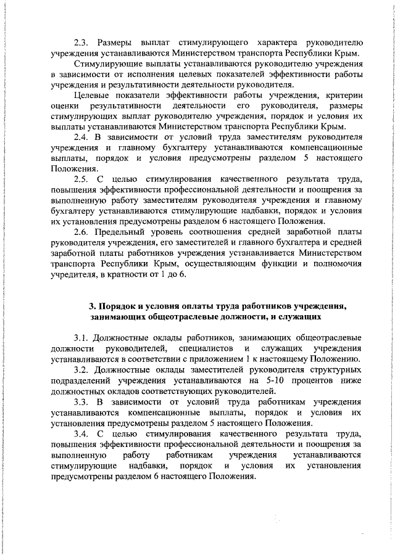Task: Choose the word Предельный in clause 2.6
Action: point(121,232)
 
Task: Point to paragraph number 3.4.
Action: point(81,433)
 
